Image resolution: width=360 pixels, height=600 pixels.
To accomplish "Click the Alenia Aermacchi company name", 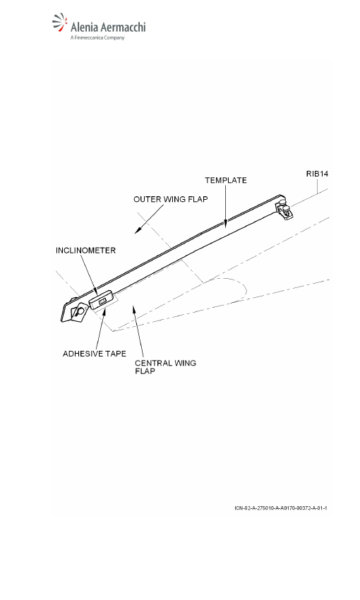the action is click(x=108, y=27).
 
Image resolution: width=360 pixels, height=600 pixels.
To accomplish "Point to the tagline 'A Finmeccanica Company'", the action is click(x=97, y=38).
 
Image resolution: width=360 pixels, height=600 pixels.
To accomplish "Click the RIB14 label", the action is click(x=317, y=174).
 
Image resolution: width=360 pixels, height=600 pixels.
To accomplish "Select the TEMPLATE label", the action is click(x=226, y=180).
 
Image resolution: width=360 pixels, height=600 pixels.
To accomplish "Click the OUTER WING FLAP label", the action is click(x=171, y=199).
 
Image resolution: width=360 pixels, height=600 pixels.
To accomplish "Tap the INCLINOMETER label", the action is click(x=85, y=251).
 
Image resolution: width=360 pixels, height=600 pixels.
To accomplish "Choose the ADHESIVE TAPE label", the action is click(x=95, y=354).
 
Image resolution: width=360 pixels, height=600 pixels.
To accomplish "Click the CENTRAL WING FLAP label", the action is click(x=165, y=366).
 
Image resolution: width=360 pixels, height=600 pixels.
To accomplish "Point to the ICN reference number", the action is click(x=281, y=508).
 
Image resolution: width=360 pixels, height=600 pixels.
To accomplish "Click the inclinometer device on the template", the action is click(x=102, y=299).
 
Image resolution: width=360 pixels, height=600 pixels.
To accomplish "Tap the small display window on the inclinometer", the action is click(x=102, y=302).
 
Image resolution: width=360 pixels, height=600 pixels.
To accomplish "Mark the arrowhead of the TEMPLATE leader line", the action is click(x=226, y=224).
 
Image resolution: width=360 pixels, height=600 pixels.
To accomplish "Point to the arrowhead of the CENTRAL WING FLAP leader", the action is click(x=134, y=309).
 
